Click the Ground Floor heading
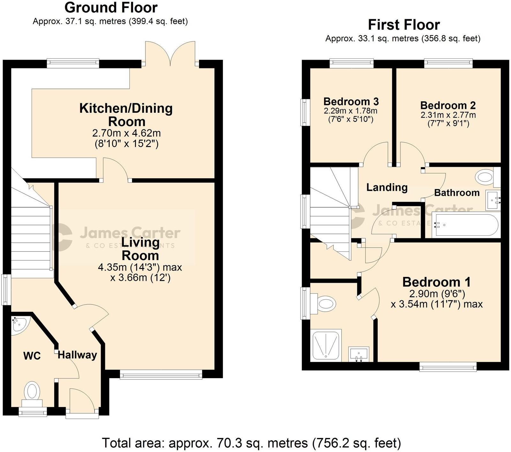coord(111,8)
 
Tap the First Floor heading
coord(404,25)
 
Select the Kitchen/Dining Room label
coord(126,115)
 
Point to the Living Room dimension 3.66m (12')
coord(140,278)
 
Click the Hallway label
coord(77,355)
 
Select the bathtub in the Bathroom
coord(464,225)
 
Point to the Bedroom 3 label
coord(351,102)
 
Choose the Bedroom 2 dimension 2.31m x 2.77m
coord(448,115)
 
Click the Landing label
coord(387,187)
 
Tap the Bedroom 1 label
coord(436,282)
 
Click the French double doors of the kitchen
coord(171,54)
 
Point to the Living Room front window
coord(161,374)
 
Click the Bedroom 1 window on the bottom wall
coord(448,366)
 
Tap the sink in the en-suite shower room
coord(359,354)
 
